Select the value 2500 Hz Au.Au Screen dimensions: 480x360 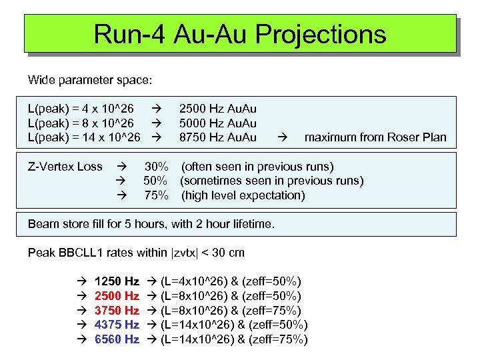(x=217, y=108)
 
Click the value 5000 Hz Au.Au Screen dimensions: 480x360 (x=217, y=123)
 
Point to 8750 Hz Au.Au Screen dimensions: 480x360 (x=217, y=137)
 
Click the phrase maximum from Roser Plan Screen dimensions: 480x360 (x=375, y=137)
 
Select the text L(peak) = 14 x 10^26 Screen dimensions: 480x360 (x=84, y=137)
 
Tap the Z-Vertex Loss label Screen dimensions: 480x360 (x=65, y=166)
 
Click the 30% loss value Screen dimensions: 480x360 (x=157, y=166)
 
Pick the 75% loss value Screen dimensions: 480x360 (x=157, y=195)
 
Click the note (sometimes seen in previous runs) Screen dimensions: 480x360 (x=272, y=181)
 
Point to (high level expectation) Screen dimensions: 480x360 (x=243, y=195)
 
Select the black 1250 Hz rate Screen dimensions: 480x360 (x=117, y=281)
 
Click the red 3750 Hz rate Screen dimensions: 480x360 (x=117, y=311)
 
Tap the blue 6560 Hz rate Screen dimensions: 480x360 (x=117, y=339)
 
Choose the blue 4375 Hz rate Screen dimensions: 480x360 (x=117, y=325)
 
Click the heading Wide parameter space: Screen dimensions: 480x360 (x=90, y=80)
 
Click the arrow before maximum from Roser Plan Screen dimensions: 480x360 (x=282, y=138)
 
